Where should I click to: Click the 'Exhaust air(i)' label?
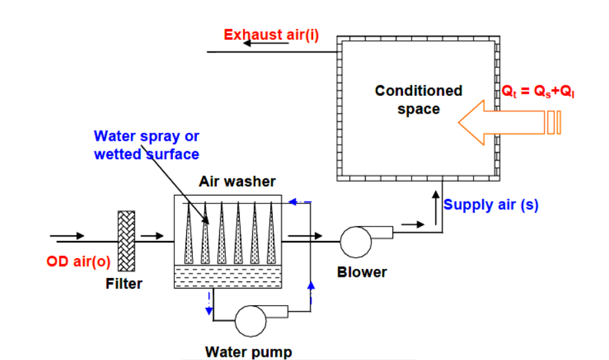pos(271,35)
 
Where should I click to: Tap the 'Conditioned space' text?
pos(418,100)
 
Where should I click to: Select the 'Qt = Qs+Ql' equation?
pos(538,92)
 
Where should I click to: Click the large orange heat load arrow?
pos(502,122)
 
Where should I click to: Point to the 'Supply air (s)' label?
pos(491,205)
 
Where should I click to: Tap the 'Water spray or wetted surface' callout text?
pos(146,145)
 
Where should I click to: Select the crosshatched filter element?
pos(125,241)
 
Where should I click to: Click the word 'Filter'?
pos(124,285)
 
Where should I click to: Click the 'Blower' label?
pos(361,272)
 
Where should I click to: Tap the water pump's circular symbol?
pos(250,322)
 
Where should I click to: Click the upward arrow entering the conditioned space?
pos(435,199)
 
